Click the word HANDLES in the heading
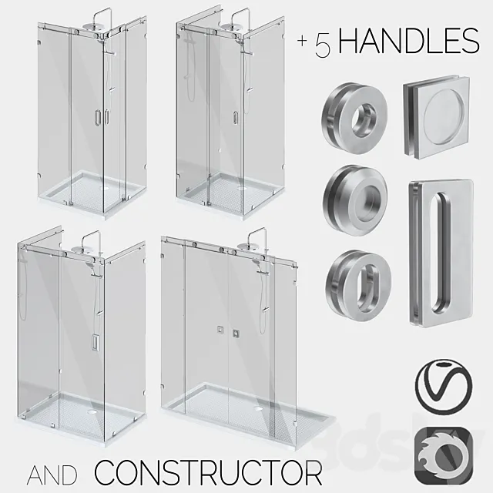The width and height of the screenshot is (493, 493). point(408,42)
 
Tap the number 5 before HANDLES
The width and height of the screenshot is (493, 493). point(322,44)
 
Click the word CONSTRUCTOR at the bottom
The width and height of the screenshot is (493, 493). point(208,470)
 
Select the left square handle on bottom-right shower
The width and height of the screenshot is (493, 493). point(220,332)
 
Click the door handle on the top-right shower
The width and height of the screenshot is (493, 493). point(233,116)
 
